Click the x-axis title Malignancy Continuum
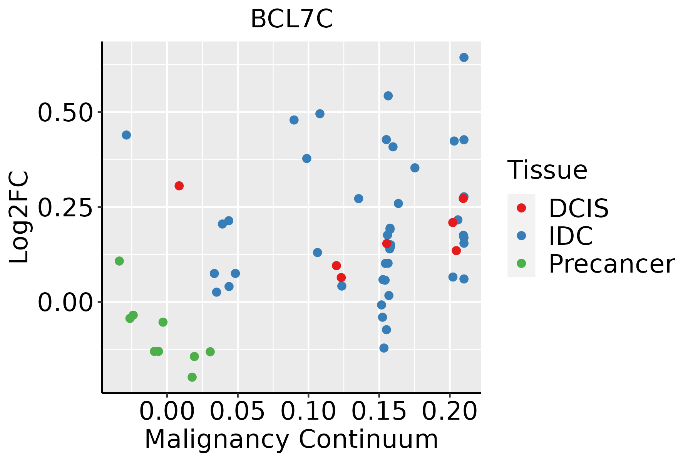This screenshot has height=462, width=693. tap(291, 439)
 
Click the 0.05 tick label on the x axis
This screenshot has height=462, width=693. tap(238, 411)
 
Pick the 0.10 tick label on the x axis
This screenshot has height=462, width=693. tap(308, 411)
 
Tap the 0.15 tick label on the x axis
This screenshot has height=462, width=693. tap(379, 411)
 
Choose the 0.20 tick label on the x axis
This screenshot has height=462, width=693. tap(450, 411)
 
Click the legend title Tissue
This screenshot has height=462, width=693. tap(547, 170)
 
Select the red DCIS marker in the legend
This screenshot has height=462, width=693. tap(521, 208)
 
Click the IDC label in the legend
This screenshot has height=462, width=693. tap(571, 236)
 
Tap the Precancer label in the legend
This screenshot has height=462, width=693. tap(611, 264)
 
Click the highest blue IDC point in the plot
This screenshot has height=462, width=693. tap(464, 57)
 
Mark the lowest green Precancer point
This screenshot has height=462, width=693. tap(192, 377)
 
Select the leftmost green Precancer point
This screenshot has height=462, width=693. tap(119, 261)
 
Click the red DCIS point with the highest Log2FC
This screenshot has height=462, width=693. tap(179, 186)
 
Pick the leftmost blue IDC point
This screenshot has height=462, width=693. tap(126, 135)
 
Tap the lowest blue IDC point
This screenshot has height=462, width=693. tap(384, 348)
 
